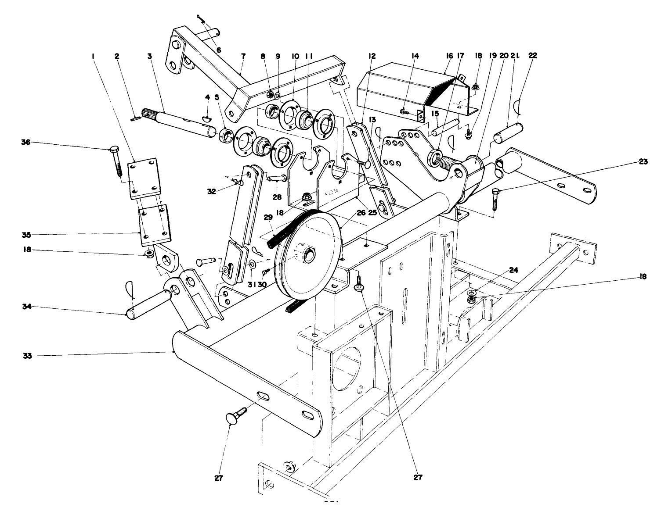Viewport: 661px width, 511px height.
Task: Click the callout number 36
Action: (x=26, y=143)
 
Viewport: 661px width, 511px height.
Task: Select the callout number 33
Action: (x=26, y=356)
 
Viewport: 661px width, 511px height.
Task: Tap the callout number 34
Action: (x=26, y=307)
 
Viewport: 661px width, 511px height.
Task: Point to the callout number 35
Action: (x=26, y=234)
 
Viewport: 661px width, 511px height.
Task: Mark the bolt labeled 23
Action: (x=495, y=200)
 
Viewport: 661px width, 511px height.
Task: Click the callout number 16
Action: (x=449, y=56)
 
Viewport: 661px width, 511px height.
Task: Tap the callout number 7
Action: (x=243, y=56)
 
